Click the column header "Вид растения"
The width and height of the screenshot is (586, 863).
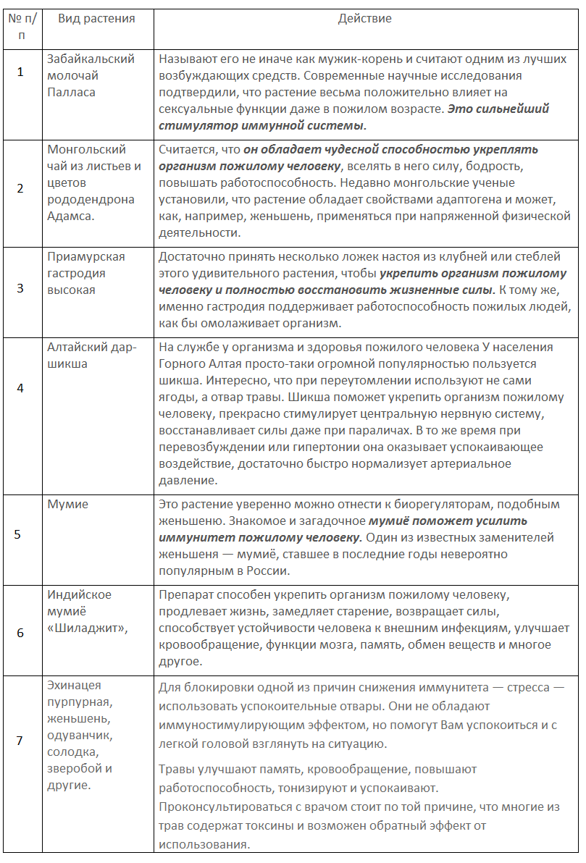[96, 19]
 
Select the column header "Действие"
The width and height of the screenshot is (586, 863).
[365, 19]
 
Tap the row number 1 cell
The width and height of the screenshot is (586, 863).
[20, 72]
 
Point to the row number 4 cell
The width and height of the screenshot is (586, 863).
[20, 387]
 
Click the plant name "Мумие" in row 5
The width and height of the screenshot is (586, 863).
[67, 505]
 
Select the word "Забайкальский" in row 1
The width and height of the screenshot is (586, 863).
[91, 59]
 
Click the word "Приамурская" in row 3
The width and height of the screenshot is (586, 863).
[86, 257]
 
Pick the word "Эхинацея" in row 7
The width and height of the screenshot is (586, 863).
[74, 685]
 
